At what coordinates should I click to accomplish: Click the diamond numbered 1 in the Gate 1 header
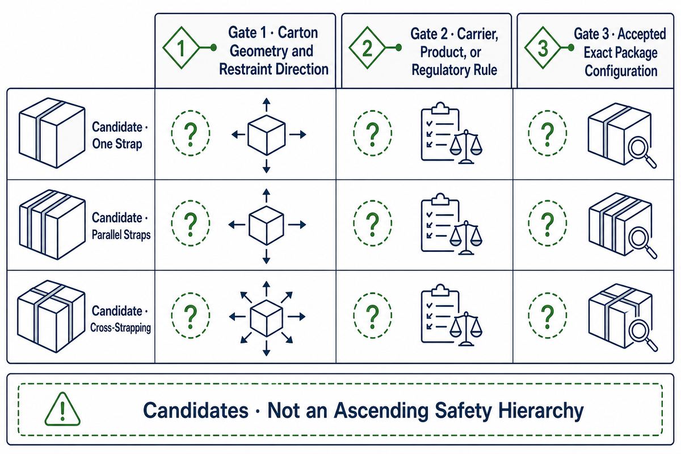pyautogui.click(x=181, y=48)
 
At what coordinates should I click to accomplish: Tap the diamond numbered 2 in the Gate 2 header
pyautogui.click(x=367, y=48)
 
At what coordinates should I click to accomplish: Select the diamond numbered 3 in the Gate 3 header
pyautogui.click(x=543, y=48)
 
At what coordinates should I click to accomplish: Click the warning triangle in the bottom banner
pyautogui.click(x=62, y=409)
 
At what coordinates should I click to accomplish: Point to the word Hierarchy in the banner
pyautogui.click(x=541, y=411)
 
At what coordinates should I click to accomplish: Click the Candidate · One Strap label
pyautogui.click(x=120, y=135)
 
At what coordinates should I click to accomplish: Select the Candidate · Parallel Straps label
pyautogui.click(x=121, y=226)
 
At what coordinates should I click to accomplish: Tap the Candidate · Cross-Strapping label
pyautogui.click(x=121, y=319)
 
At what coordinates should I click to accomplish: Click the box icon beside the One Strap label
pyautogui.click(x=52, y=133)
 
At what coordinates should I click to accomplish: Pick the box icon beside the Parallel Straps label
pyautogui.click(x=52, y=224)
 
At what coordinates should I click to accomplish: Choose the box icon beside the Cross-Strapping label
pyautogui.click(x=51, y=316)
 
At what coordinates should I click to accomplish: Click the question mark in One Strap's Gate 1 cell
pyautogui.click(x=191, y=134)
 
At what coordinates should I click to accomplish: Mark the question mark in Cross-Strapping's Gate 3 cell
pyautogui.click(x=548, y=317)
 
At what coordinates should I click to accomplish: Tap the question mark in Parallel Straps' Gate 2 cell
pyautogui.click(x=373, y=225)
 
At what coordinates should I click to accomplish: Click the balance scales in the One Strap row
pyautogui.click(x=466, y=147)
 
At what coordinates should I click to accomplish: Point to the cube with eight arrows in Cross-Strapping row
pyautogui.click(x=267, y=318)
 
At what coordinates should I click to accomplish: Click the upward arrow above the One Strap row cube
pyautogui.click(x=267, y=105)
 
